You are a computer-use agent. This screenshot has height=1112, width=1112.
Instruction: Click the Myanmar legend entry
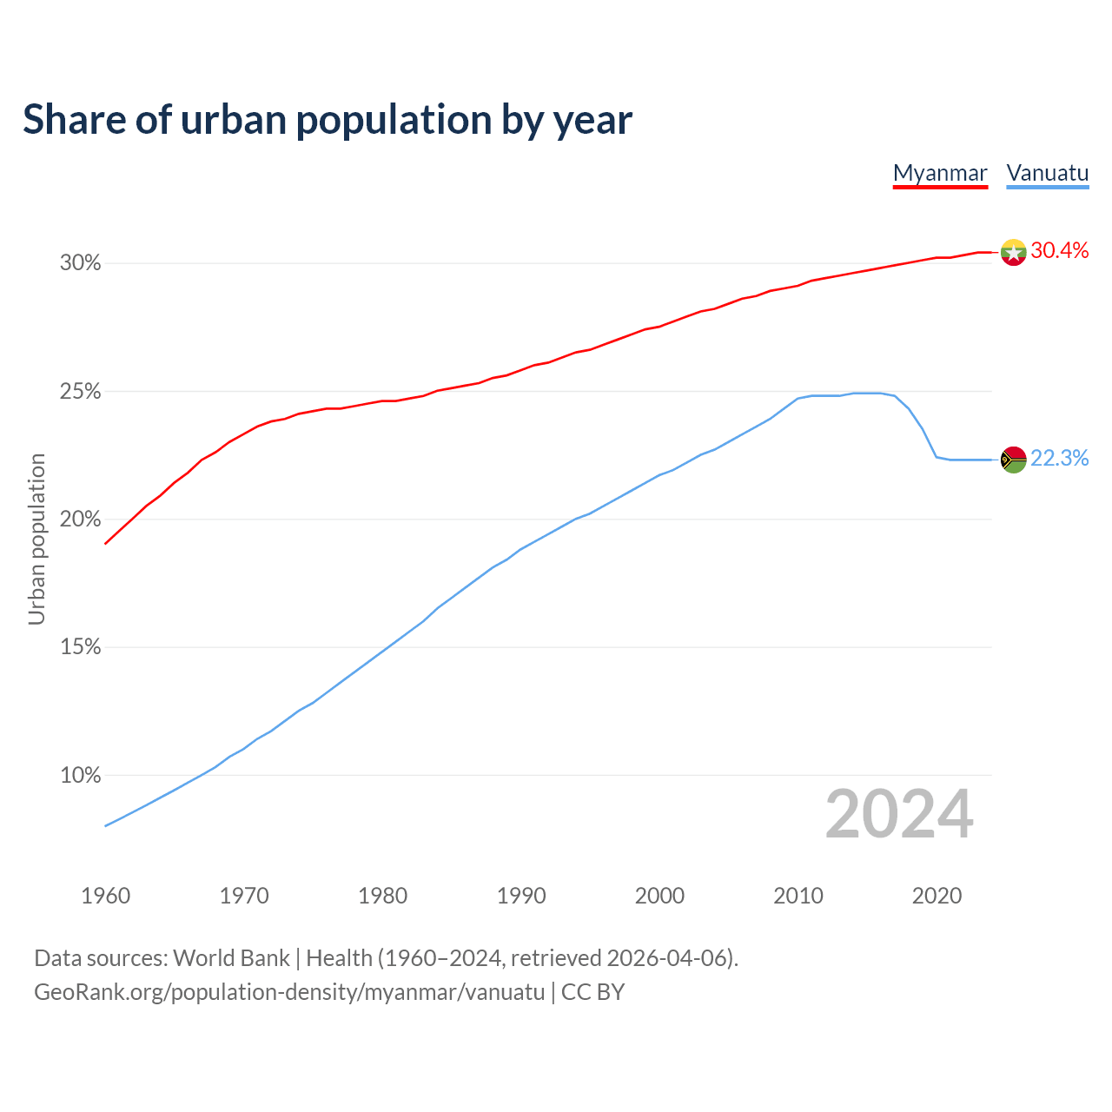coord(940,173)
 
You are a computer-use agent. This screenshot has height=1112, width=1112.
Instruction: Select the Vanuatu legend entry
coord(1047,173)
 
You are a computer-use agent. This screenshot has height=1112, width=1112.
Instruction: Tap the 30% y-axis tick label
coord(80,262)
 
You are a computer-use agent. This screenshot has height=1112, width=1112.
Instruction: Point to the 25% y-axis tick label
coord(80,392)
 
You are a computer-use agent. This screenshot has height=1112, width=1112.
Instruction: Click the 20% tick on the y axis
coord(80,520)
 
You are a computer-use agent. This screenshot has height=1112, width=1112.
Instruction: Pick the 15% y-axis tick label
coord(80,647)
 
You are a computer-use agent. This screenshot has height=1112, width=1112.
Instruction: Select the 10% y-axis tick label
coord(80,775)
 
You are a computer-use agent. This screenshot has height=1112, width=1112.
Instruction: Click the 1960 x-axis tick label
coord(105,896)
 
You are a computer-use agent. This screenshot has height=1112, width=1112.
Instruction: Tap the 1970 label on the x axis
coord(244,896)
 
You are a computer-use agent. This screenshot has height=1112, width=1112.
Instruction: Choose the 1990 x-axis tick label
coord(521,896)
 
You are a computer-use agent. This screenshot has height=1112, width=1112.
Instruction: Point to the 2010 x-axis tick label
coord(798,896)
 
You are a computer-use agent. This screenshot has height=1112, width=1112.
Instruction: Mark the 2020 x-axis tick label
coord(937,896)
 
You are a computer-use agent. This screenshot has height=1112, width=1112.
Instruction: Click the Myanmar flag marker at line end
coord(1013,252)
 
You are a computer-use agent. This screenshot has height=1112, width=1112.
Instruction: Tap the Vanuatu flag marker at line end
coord(1013,459)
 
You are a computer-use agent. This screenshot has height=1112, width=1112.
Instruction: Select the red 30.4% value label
coord(1060,251)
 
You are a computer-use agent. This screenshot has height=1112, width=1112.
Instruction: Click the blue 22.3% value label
coord(1060,459)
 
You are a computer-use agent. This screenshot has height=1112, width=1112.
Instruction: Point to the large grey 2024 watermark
coord(899,815)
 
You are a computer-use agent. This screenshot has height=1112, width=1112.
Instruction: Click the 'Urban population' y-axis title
coord(36,539)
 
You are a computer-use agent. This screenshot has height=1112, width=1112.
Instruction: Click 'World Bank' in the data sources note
coord(231,958)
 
